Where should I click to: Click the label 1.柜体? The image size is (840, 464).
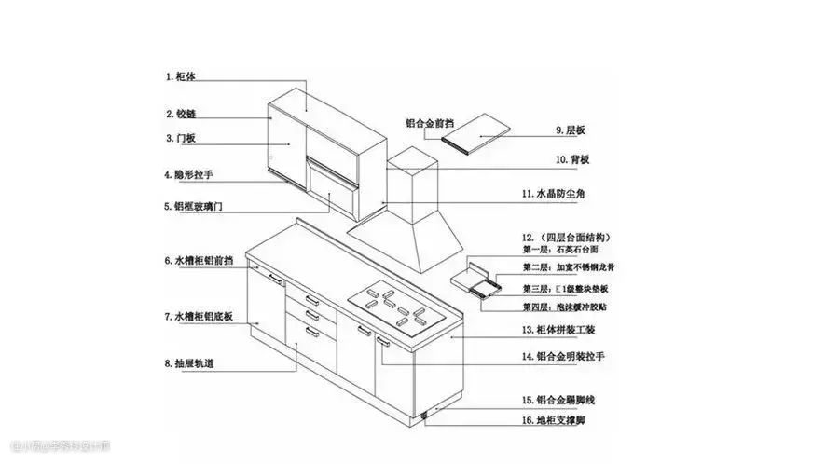click(x=181, y=75)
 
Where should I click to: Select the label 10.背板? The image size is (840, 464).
click(x=572, y=160)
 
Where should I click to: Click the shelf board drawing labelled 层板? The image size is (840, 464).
click(x=477, y=130)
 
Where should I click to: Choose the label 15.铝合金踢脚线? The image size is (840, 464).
click(x=565, y=400)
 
